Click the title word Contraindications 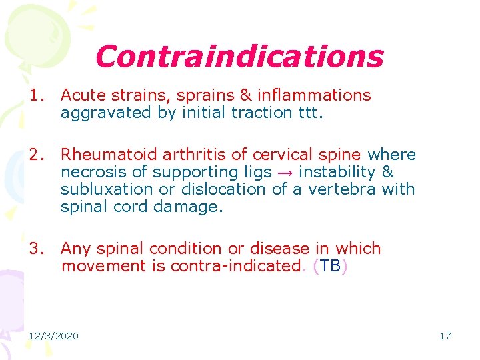pyautogui.click(x=239, y=57)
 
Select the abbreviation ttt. pyautogui.click(x=307, y=113)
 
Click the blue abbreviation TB pyautogui.click(x=330, y=267)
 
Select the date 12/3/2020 pyautogui.click(x=53, y=336)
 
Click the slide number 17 pyautogui.click(x=445, y=336)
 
